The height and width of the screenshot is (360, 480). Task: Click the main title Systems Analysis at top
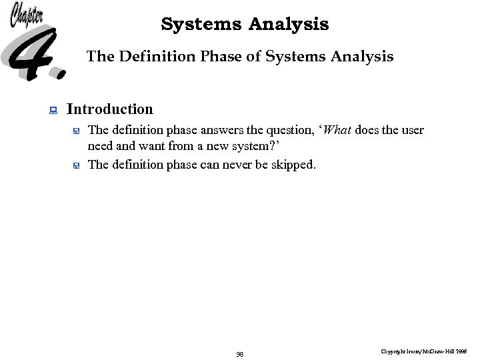pos(245,25)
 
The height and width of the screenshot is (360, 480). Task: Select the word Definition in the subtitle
pos(155,57)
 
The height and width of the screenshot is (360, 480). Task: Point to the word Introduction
pos(110,109)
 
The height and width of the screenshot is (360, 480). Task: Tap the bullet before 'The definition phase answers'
pos(77,131)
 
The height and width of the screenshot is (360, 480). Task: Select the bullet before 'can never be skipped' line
pos(77,165)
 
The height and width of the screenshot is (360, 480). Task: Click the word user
pos(412,130)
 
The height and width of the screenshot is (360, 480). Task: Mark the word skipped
pos(293,165)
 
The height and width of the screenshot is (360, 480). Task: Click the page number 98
pos(240,354)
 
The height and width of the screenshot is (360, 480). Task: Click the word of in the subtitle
pos(253,57)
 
